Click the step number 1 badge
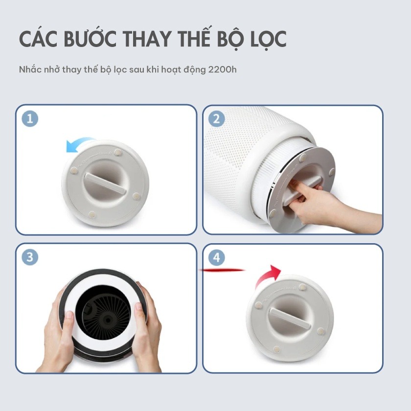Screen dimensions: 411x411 coord(30,118)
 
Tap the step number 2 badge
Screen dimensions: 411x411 coord(216,118)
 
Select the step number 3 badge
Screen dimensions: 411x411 coord(30,257)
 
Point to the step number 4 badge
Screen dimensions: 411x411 coord(216,257)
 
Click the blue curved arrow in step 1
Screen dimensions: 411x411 coord(79,141)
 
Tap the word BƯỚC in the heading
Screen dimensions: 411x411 coord(90,39)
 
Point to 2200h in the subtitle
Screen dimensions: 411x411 coord(222,69)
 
